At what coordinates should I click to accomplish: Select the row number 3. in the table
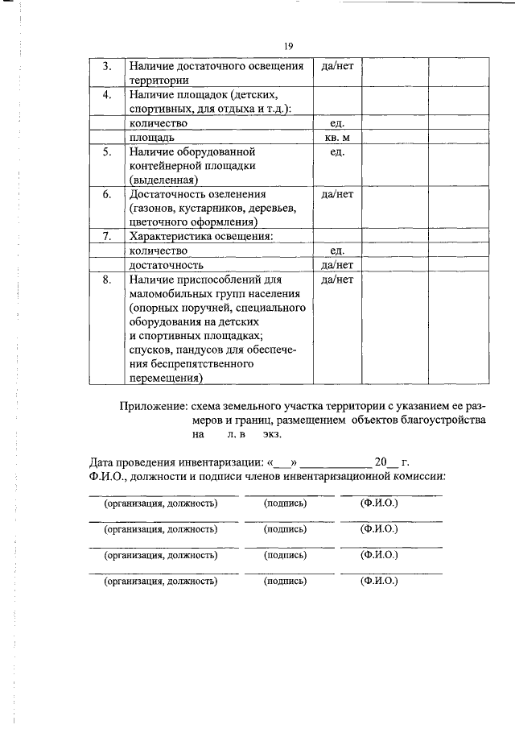click(x=106, y=66)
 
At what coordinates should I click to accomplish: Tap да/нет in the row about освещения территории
click(x=337, y=66)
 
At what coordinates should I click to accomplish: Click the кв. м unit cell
click(x=337, y=137)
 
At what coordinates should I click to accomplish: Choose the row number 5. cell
click(x=106, y=151)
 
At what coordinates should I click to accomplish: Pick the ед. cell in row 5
click(x=337, y=151)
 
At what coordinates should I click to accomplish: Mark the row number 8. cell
click(x=106, y=280)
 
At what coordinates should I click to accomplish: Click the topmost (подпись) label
click(x=285, y=503)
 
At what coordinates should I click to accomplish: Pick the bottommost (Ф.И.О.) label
click(x=380, y=580)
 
